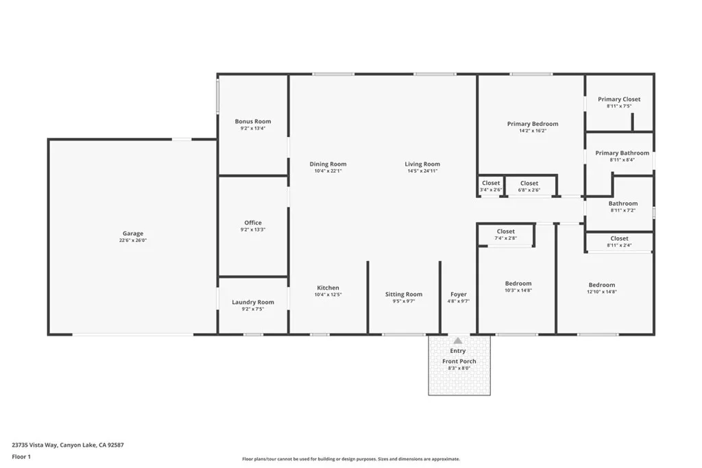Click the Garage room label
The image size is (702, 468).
[133, 234]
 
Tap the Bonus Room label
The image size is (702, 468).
[253, 121]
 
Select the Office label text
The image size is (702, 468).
[253, 223]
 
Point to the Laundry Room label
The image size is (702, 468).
[253, 302]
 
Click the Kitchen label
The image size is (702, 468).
[328, 288]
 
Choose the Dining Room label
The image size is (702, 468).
[328, 164]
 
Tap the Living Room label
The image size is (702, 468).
[422, 164]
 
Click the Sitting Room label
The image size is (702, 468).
[404, 294]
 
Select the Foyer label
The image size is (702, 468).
[458, 294]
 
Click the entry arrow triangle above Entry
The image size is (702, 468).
[458, 341]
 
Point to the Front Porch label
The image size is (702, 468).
[459, 361]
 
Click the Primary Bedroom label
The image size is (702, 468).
[533, 124]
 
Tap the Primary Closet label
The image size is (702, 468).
[619, 99]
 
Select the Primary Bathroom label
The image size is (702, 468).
[622, 153]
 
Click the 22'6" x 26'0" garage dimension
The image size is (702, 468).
[133, 241]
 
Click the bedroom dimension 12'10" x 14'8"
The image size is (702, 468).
[602, 292]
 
